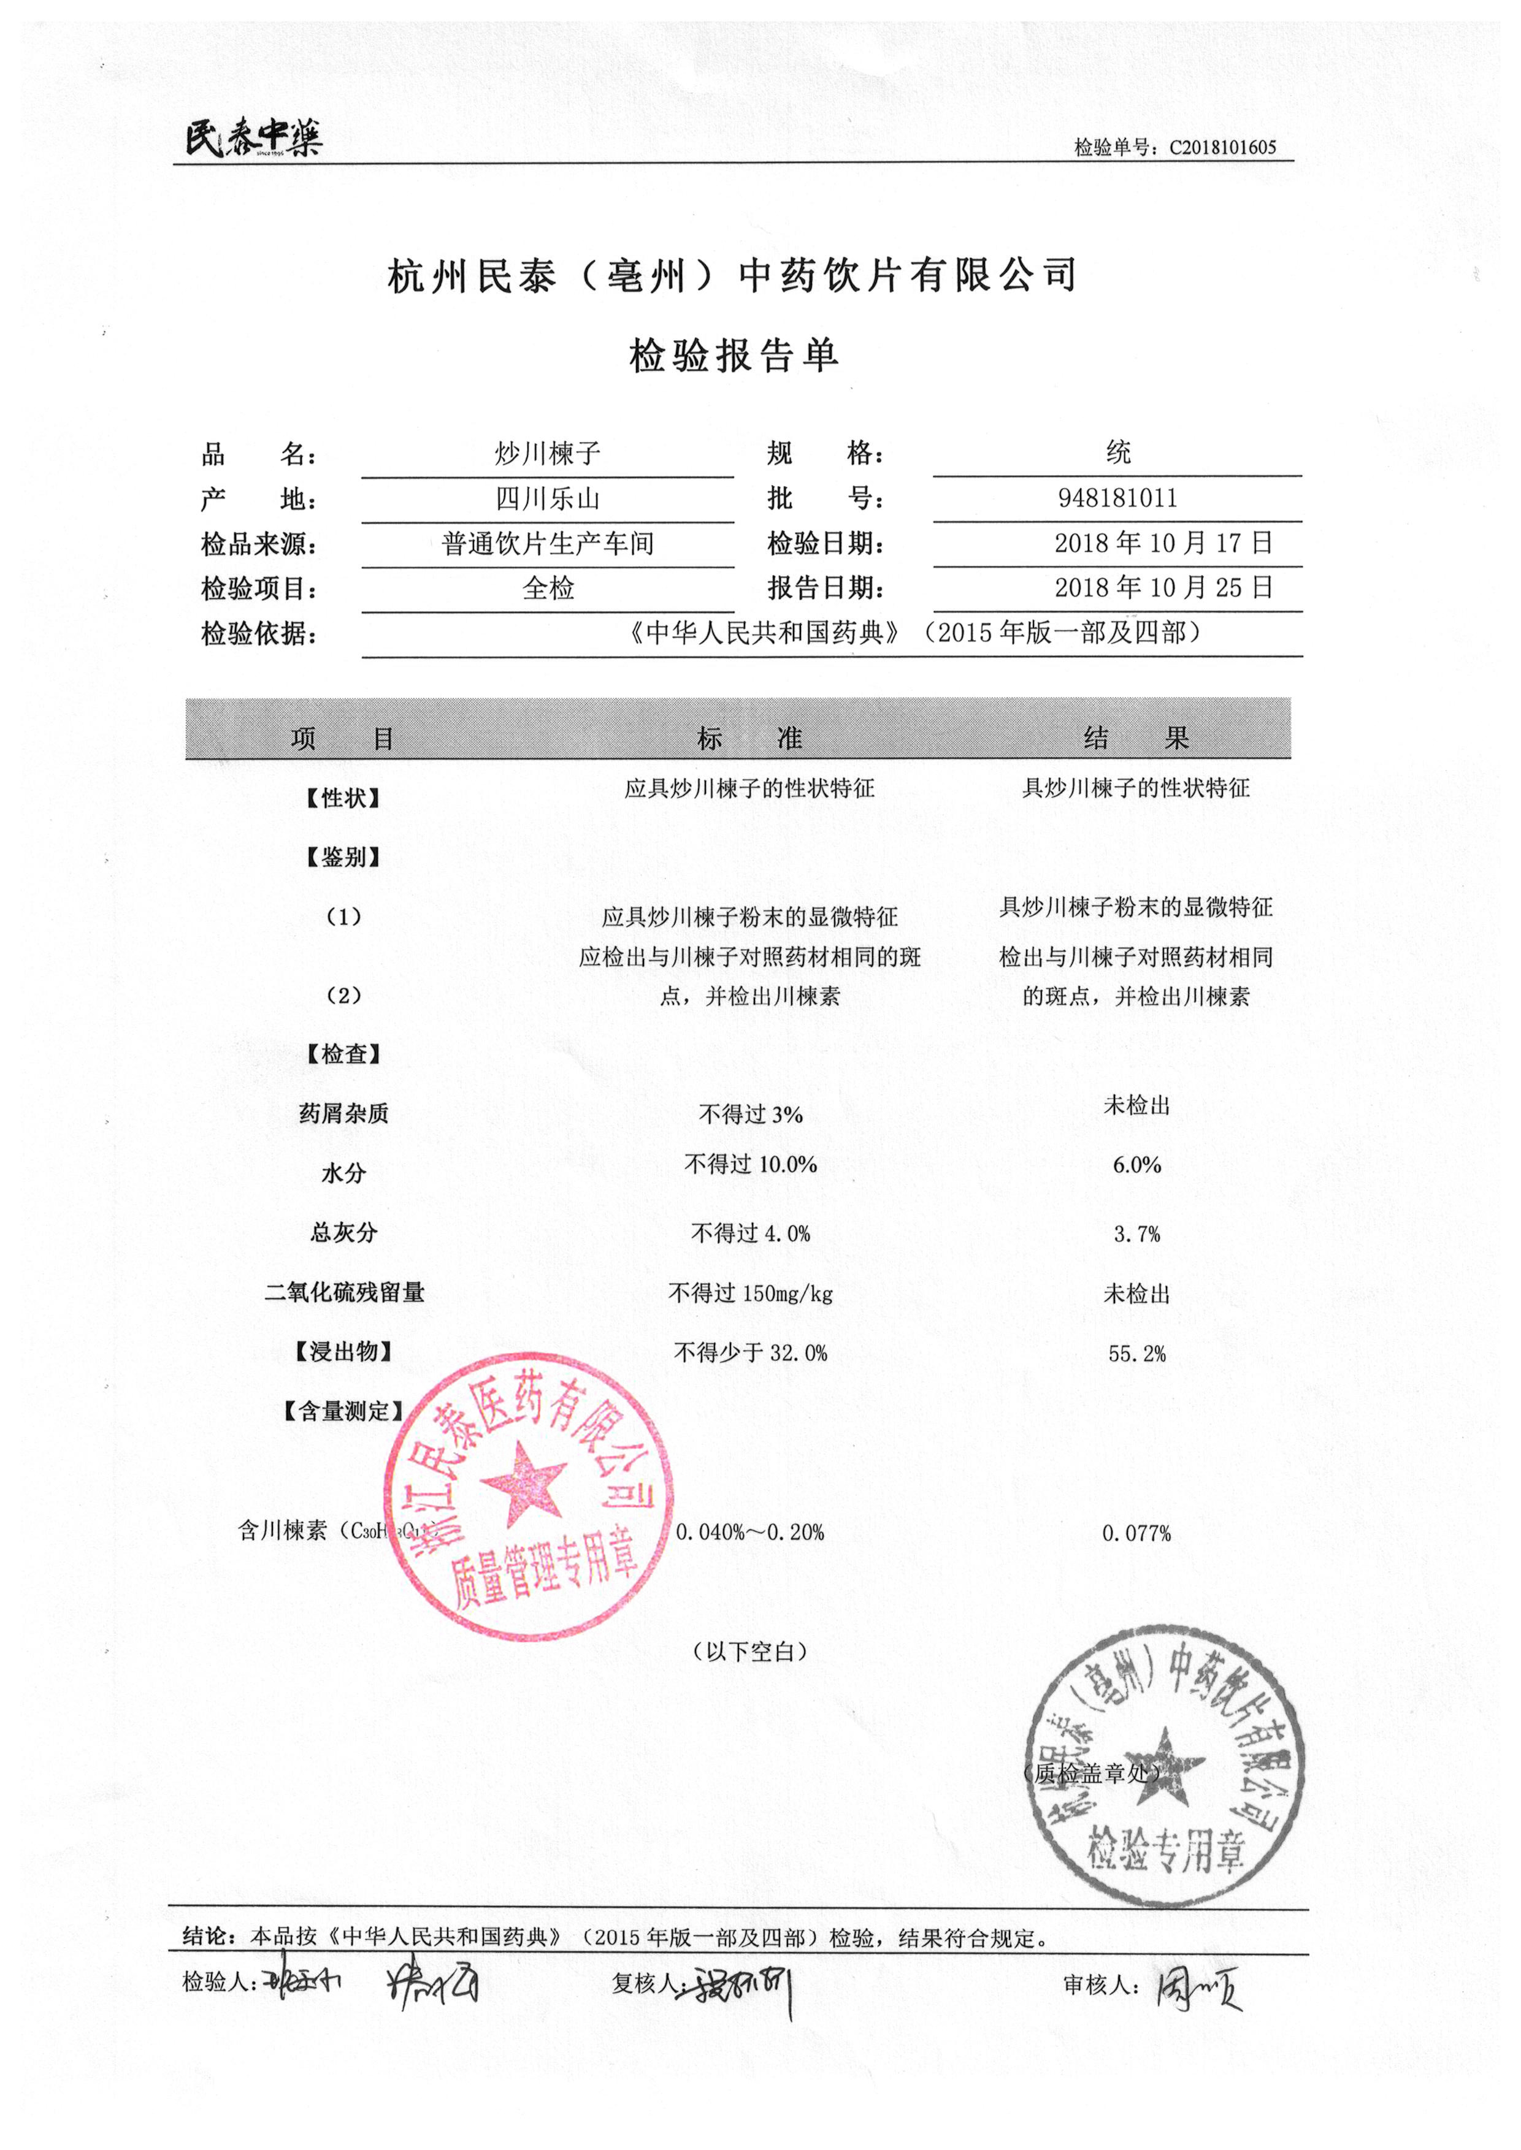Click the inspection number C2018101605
pyautogui.click(x=1222, y=147)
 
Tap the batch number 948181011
pyautogui.click(x=1117, y=498)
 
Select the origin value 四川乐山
pyautogui.click(x=548, y=499)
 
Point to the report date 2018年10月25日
pyautogui.click(x=1163, y=588)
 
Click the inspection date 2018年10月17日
pyautogui.click(x=1163, y=543)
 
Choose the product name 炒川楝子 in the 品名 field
pyautogui.click(x=548, y=454)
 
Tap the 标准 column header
pyautogui.click(x=749, y=739)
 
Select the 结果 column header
pyautogui.click(x=1136, y=739)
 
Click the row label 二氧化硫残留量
pyautogui.click(x=345, y=1293)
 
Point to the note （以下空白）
pyautogui.click(x=749, y=1652)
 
